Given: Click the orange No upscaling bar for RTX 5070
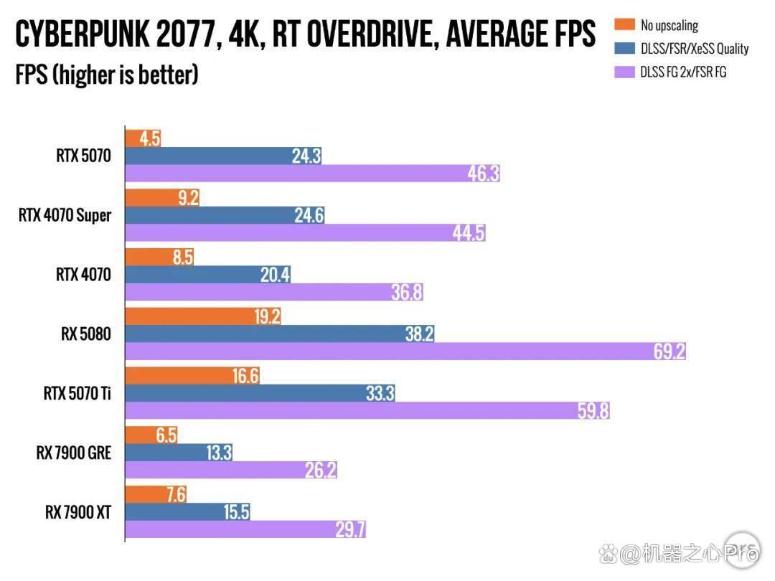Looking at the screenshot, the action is click(x=143, y=138).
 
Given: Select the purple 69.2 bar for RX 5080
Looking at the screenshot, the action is click(x=405, y=351).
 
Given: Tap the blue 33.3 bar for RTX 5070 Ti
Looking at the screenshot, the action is click(x=260, y=393).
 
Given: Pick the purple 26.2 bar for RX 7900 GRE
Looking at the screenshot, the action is click(x=231, y=470).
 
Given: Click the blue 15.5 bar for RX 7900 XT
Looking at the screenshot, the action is click(x=187, y=512).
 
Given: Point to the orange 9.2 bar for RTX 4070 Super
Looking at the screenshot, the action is click(x=162, y=198).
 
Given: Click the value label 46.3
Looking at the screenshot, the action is click(x=484, y=174).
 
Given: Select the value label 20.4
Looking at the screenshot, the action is click(x=276, y=275).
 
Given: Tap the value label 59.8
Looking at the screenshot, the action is click(x=593, y=410).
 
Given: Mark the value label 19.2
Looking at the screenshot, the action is click(x=267, y=316).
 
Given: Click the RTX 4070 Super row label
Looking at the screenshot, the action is click(x=65, y=215).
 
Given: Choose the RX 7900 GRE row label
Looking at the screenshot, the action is click(x=74, y=453).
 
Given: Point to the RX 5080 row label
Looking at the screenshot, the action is click(x=86, y=334).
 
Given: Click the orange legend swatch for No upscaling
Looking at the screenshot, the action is click(x=625, y=24).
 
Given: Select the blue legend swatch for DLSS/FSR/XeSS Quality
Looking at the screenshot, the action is click(x=625, y=48).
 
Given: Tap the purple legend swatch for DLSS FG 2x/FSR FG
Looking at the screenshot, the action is click(x=625, y=72).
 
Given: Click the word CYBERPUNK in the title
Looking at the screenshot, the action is click(x=82, y=34).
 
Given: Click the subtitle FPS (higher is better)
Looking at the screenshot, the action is click(x=107, y=75).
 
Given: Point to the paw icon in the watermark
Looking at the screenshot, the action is click(x=609, y=554).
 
